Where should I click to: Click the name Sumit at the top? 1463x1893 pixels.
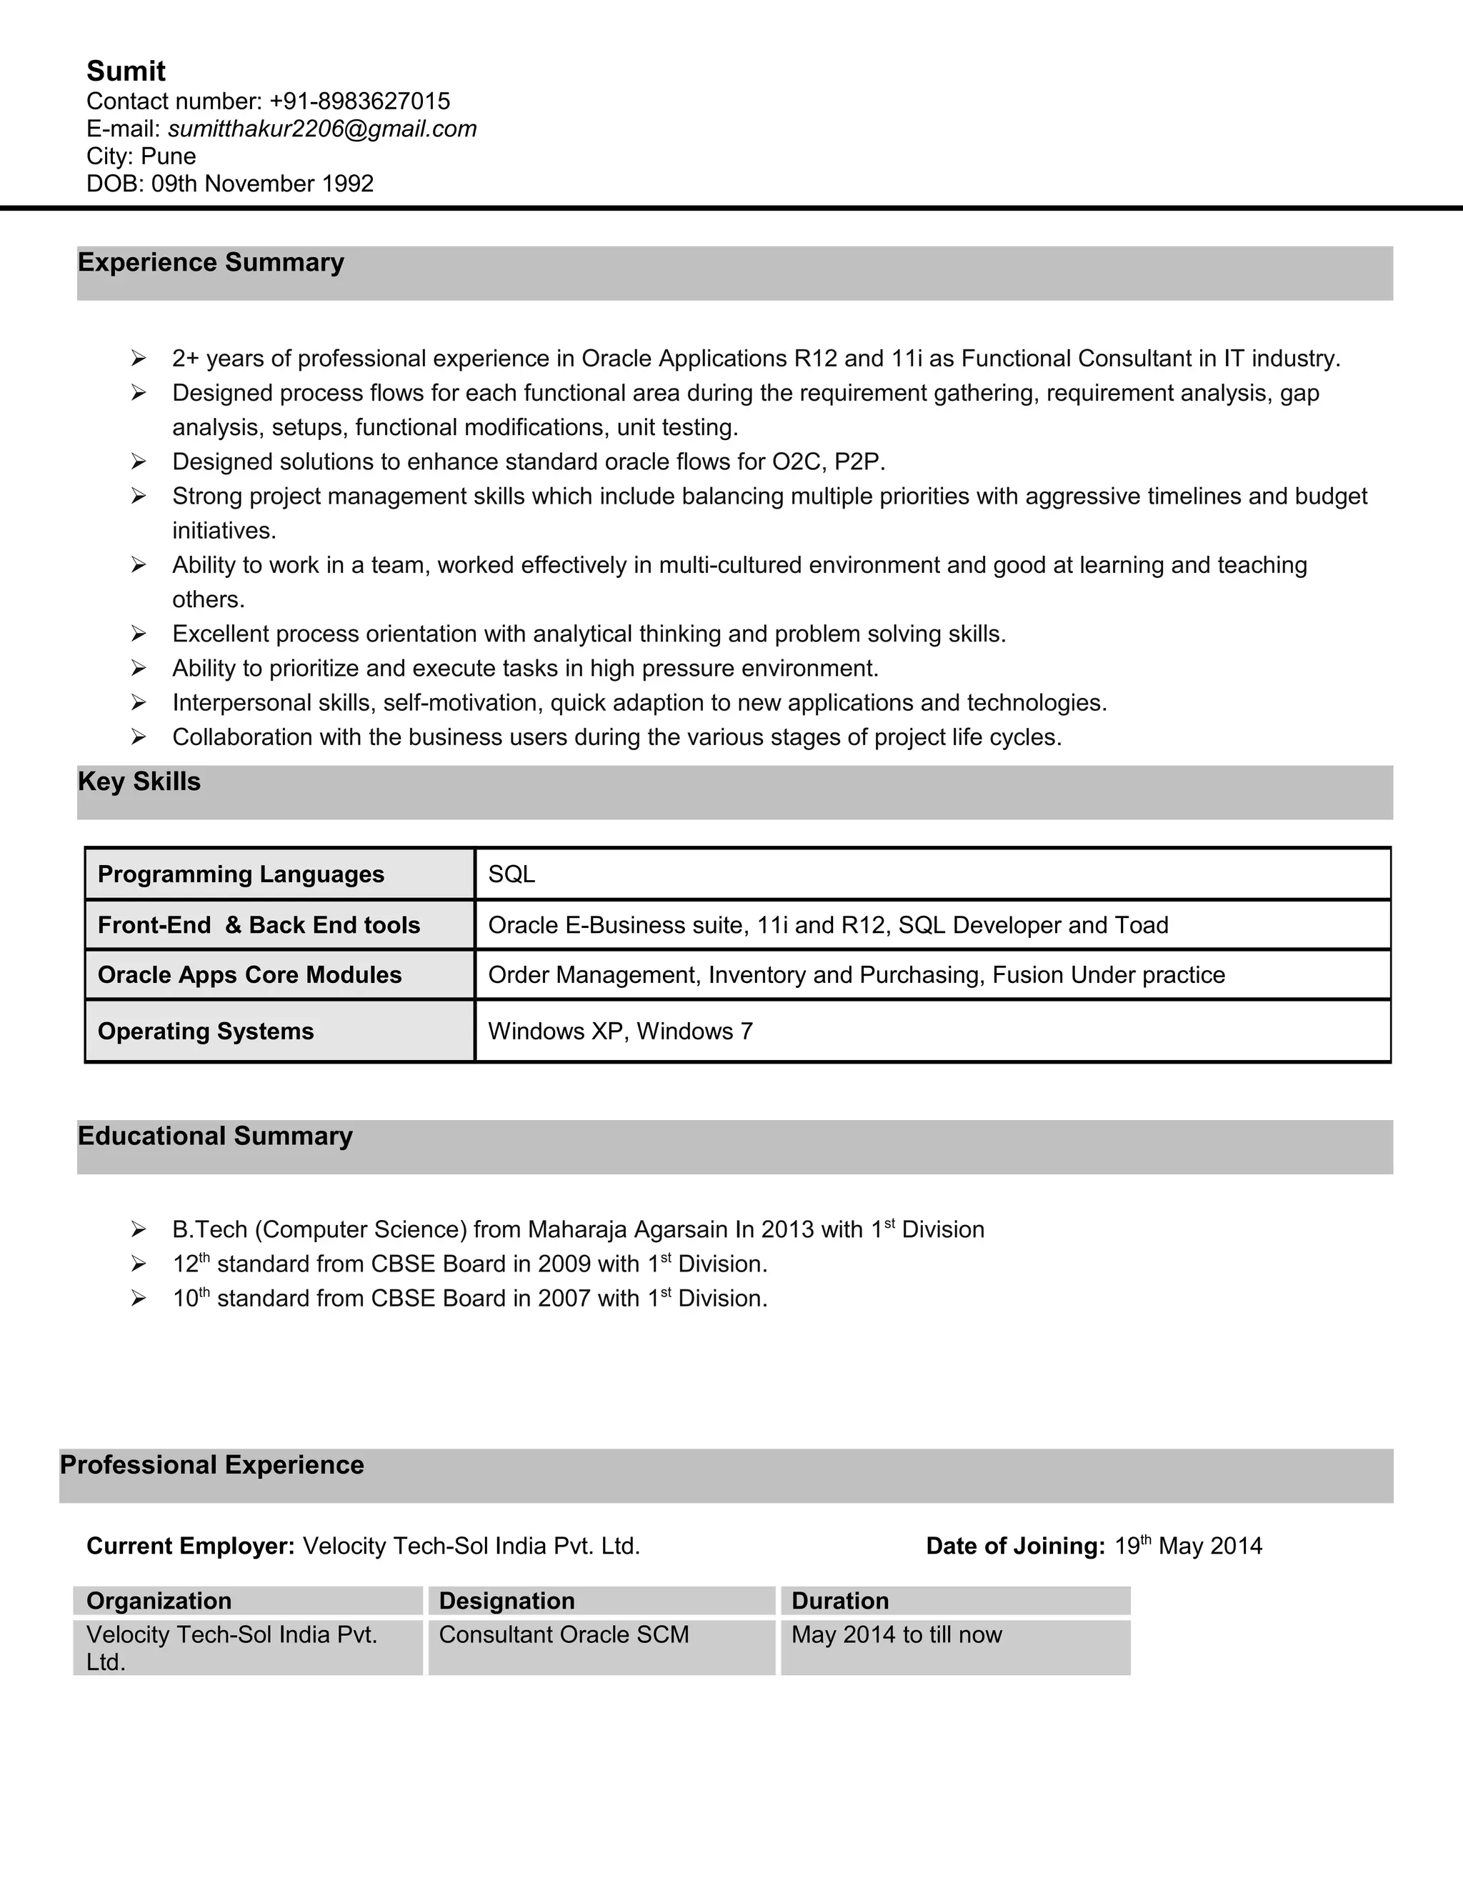pyautogui.click(x=126, y=71)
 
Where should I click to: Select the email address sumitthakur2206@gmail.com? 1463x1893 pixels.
pyautogui.click(x=321, y=129)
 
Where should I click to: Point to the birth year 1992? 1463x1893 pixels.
pyautogui.click(x=348, y=184)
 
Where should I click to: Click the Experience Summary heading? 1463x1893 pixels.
pyautogui.click(x=211, y=263)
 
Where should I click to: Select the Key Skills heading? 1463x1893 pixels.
pyautogui.click(x=139, y=781)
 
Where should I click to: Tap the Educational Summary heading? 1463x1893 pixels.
pyautogui.click(x=215, y=1137)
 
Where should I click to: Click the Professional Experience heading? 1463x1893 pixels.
pyautogui.click(x=211, y=1465)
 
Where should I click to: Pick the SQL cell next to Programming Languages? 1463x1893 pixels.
pyautogui.click(x=511, y=874)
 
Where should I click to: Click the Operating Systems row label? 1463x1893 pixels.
pyautogui.click(x=206, y=1032)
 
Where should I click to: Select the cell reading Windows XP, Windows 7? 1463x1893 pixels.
pyautogui.click(x=621, y=1032)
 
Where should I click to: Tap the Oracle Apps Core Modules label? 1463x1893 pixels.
pyautogui.click(x=249, y=975)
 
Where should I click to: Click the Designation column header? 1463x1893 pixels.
pyautogui.click(x=507, y=1601)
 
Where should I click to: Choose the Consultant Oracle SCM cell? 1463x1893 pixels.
pyautogui.click(x=564, y=1634)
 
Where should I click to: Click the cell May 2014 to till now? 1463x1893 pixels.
pyautogui.click(x=897, y=1634)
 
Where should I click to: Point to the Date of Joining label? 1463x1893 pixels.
pyautogui.click(x=1015, y=1547)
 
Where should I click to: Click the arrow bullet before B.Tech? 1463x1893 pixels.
pyautogui.click(x=138, y=1229)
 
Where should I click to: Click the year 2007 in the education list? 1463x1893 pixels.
pyautogui.click(x=564, y=1299)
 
